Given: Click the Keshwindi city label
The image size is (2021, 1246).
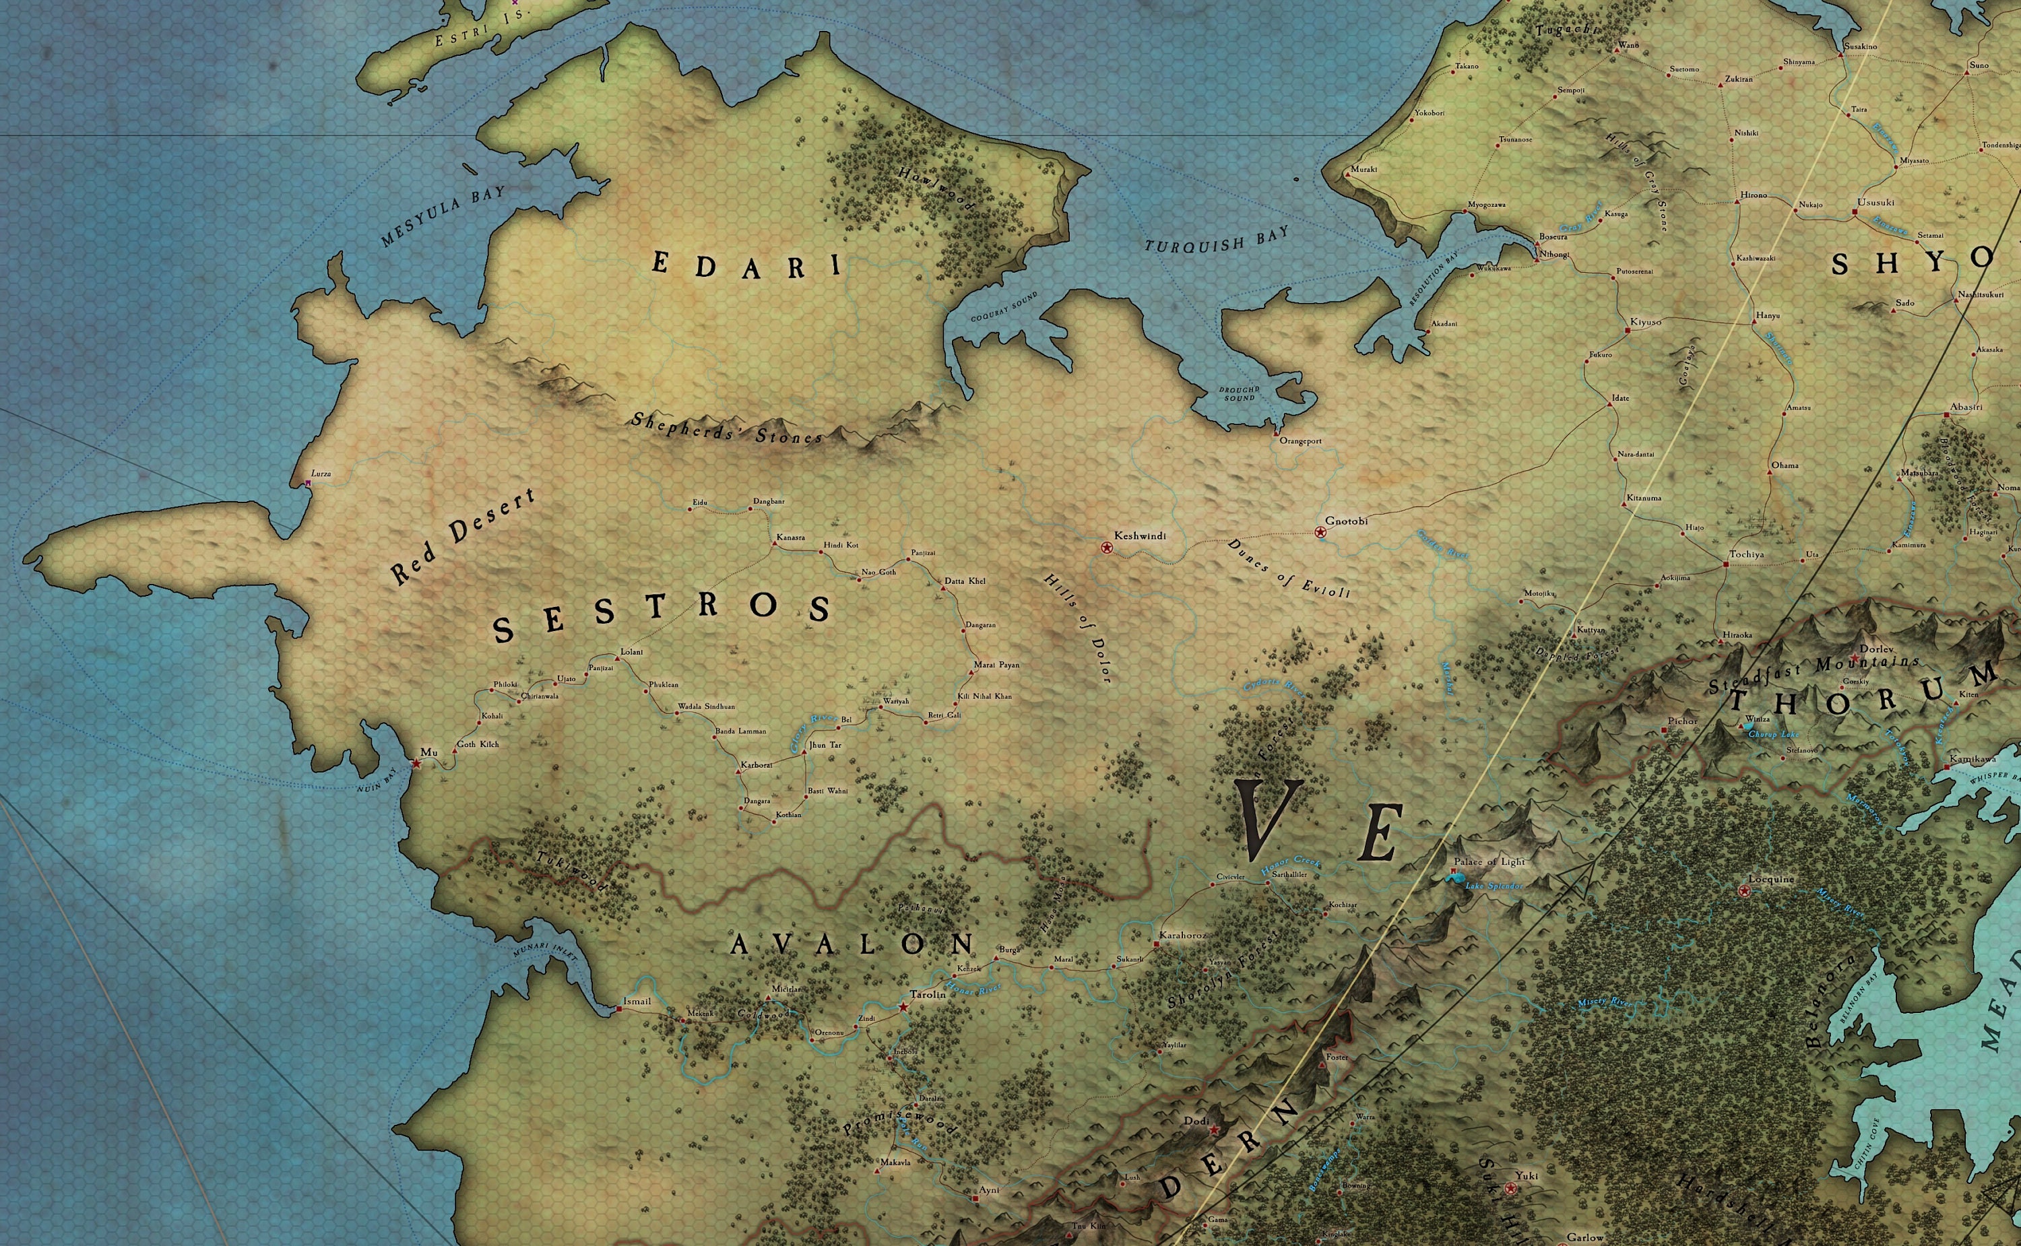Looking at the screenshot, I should pyautogui.click(x=1140, y=535).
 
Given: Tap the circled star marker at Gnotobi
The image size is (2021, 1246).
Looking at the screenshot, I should pyautogui.click(x=1320, y=532).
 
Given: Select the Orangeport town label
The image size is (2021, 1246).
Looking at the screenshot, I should pyautogui.click(x=1300, y=441).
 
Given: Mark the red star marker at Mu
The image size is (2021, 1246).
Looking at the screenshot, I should pyautogui.click(x=416, y=764).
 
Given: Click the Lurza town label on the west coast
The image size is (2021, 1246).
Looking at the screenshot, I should pyautogui.click(x=321, y=474).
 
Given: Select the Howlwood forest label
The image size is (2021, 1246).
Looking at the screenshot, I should pyautogui.click(x=936, y=189).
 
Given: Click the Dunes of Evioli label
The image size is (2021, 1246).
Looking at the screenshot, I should pyautogui.click(x=1289, y=568).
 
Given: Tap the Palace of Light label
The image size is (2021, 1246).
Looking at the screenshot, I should pyautogui.click(x=1489, y=862).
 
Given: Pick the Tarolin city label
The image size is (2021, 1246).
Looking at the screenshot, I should pyautogui.click(x=928, y=995).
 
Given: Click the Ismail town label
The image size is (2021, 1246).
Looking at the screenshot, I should pyautogui.click(x=637, y=1002).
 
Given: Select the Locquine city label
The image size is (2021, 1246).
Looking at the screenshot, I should pyautogui.click(x=1771, y=880).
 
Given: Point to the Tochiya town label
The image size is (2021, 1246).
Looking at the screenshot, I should pyautogui.click(x=1747, y=554).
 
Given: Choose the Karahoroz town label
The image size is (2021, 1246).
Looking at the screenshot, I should pyautogui.click(x=1182, y=936).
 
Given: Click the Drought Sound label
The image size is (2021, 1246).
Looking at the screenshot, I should pyautogui.click(x=1239, y=394).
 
